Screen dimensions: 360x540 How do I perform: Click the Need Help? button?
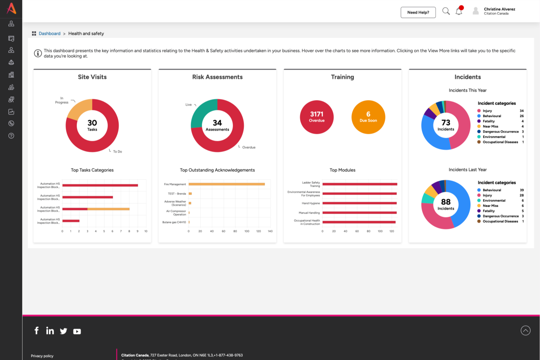pos(418,12)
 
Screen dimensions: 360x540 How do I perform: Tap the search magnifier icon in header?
pos(446,11)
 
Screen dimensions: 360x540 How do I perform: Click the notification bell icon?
pos(459,12)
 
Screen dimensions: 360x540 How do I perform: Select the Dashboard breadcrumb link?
pos(50,34)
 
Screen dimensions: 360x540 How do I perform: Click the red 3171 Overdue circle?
pos(316,117)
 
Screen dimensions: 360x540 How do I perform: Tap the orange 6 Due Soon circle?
pos(368,117)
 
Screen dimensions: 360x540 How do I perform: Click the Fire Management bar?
pos(226,184)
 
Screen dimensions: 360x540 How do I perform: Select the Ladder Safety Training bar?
pos(359,184)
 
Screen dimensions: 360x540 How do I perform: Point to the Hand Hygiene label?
pos(310,203)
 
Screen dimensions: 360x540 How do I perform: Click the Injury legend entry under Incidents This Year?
pos(487,111)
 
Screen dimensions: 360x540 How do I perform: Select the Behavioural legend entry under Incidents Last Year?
pos(491,190)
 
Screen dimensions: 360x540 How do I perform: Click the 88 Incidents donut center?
pos(445,204)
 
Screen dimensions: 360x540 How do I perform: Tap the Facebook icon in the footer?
pos(36,330)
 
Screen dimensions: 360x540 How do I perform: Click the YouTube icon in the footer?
pos(77,332)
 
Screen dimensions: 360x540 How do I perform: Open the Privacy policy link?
pos(42,356)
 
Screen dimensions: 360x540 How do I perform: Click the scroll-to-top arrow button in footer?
pos(525,330)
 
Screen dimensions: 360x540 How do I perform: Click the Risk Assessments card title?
pos(217,77)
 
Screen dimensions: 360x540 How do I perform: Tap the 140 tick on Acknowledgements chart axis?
pos(270,231)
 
